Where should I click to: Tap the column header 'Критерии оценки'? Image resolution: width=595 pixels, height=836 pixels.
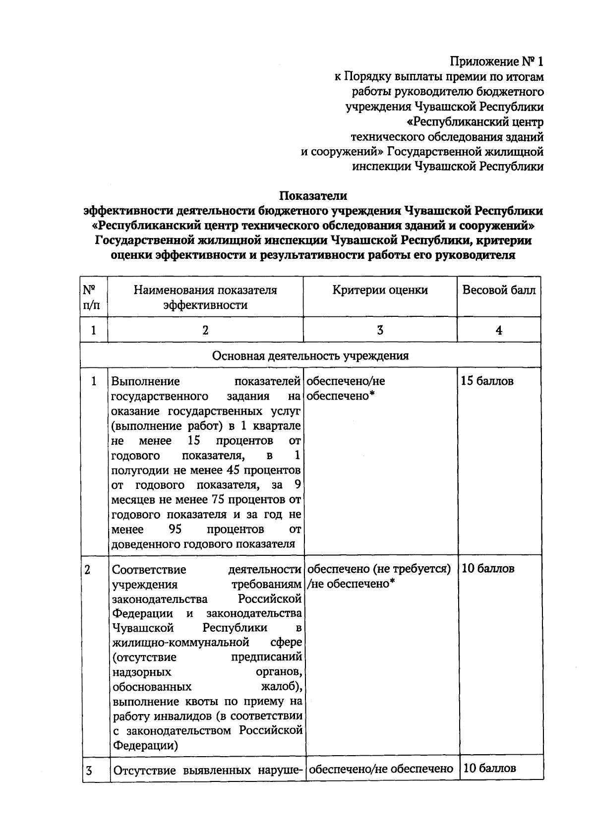click(x=380, y=290)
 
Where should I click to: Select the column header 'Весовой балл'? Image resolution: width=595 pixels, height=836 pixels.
click(x=499, y=290)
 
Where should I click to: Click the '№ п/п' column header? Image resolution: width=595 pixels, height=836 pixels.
click(x=93, y=297)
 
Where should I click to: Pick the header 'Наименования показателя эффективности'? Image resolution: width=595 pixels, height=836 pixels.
click(x=205, y=298)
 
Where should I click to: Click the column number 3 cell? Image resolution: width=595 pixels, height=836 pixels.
click(x=380, y=330)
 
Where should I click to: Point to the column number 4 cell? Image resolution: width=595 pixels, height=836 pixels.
click(x=499, y=330)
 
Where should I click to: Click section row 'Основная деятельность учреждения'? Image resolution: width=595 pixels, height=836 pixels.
click(x=310, y=356)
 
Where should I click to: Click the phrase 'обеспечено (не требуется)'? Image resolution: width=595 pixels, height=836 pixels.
click(x=379, y=569)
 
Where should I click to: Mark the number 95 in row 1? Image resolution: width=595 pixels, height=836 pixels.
click(x=176, y=529)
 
